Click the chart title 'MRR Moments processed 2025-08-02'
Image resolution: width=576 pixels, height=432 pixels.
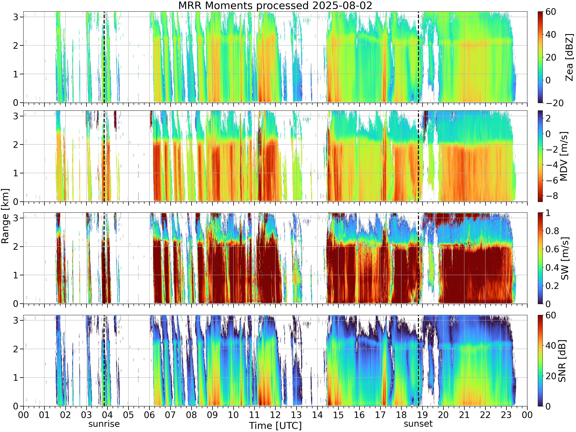[275, 6]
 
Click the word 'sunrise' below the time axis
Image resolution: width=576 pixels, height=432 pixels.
[104, 424]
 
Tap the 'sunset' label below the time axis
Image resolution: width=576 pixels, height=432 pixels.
[418, 424]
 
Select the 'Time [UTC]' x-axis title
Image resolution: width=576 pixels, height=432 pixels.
[275, 426]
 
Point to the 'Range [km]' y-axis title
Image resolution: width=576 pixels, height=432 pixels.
[5, 216]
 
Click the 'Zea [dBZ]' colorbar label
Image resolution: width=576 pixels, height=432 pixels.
[570, 57]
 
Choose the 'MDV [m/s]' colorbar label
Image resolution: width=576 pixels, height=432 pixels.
[564, 156]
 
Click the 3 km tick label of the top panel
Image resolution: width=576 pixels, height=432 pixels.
[16, 17]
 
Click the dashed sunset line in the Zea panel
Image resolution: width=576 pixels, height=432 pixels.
[418, 57]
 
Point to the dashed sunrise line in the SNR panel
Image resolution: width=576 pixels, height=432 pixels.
[104, 361]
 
